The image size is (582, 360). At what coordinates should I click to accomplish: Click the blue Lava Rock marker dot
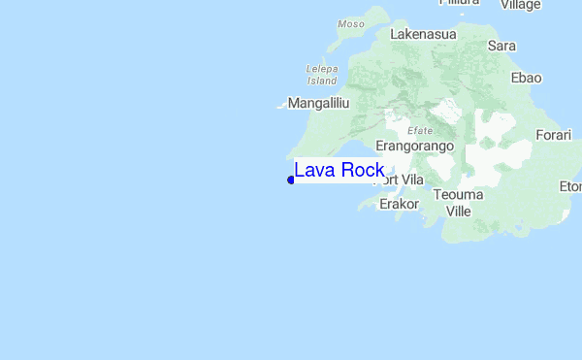pos(291,180)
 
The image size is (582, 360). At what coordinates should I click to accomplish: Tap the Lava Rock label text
pos(339,171)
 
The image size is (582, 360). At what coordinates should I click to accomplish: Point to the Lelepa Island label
pos(321,75)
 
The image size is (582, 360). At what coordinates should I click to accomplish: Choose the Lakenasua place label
pos(423,34)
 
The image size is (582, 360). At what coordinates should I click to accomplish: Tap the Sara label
pos(501,46)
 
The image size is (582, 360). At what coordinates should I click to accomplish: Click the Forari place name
pos(555,135)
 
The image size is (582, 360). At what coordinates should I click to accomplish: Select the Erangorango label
pos(415,146)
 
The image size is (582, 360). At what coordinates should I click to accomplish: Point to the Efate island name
pos(420,130)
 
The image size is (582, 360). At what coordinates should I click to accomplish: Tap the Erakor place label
pos(399,204)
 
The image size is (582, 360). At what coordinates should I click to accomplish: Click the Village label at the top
pos(520,5)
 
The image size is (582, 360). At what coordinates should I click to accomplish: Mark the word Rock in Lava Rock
pos(362,171)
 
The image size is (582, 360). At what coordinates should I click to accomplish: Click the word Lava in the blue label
pos(314,171)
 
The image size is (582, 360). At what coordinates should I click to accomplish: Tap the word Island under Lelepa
pos(321,81)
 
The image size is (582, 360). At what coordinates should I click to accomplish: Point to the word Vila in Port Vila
pos(413,180)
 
